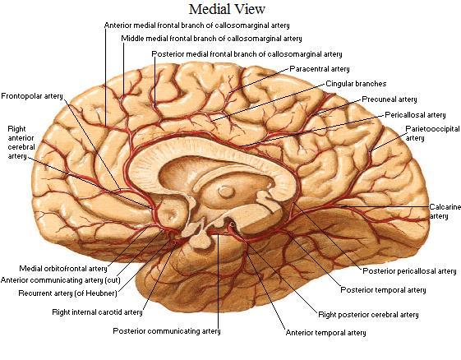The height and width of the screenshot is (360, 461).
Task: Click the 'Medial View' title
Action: pos(227,9)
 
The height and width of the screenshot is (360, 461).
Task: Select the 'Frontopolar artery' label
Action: pos(32,96)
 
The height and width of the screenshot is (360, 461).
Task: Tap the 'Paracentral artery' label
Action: pos(320,69)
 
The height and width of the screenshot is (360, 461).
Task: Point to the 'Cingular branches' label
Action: pos(356,84)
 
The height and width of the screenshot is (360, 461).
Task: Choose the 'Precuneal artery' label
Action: pos(390,99)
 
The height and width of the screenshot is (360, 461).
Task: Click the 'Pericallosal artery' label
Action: pos(415,115)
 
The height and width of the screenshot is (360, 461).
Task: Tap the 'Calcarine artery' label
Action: pos(445,211)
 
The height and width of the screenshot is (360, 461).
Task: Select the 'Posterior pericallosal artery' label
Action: pos(409,271)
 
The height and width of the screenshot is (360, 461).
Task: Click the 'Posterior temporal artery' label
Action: pos(383,290)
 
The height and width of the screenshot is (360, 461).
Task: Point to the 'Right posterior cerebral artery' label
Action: pos(368,315)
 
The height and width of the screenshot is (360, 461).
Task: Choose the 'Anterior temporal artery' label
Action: pos(325,333)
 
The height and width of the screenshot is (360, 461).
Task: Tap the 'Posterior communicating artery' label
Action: pos(167,331)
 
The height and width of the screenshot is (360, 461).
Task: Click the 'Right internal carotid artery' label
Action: pos(97,312)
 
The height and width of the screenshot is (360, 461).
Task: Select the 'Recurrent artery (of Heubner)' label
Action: pos(67,293)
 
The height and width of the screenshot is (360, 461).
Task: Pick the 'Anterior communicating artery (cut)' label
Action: pos(61,280)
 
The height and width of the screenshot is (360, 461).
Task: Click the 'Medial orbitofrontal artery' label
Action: pos(63,269)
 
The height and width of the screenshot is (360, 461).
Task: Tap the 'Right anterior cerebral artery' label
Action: pos(21,142)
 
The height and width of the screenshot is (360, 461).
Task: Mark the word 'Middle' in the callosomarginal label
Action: pos(132,39)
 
